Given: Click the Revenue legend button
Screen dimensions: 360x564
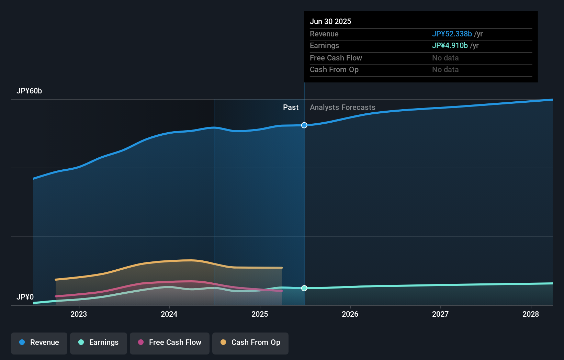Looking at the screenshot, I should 39,342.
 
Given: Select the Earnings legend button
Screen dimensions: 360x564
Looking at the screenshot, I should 99,342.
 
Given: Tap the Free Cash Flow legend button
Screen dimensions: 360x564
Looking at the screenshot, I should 170,342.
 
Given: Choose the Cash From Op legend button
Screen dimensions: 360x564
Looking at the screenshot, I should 250,342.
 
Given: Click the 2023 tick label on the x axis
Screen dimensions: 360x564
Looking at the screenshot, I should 79,314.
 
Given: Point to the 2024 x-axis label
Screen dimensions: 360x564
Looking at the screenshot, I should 169,314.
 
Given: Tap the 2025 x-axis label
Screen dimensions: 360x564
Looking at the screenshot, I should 260,314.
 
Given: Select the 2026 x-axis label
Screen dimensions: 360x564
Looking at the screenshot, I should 350,314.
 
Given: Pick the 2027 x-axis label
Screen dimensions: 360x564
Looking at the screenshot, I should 440,314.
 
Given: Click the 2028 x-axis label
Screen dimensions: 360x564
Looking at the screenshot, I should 531,314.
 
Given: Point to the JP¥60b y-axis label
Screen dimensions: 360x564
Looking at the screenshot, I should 29,91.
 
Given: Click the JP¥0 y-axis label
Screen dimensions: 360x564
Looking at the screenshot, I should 25,297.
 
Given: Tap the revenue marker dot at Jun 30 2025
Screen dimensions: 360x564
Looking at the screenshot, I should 304,125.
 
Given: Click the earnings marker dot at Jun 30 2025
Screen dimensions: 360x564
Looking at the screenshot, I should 304,288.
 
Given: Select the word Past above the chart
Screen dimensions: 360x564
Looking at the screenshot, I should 291,108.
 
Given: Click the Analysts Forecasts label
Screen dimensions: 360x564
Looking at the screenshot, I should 342,108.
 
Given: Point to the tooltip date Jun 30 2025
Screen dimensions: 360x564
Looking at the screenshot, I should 330,22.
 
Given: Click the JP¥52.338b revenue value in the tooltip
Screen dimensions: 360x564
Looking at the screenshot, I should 452,34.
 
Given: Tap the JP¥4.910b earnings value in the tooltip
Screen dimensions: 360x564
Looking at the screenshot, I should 450,46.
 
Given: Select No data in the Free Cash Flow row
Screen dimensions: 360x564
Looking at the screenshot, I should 445,58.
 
